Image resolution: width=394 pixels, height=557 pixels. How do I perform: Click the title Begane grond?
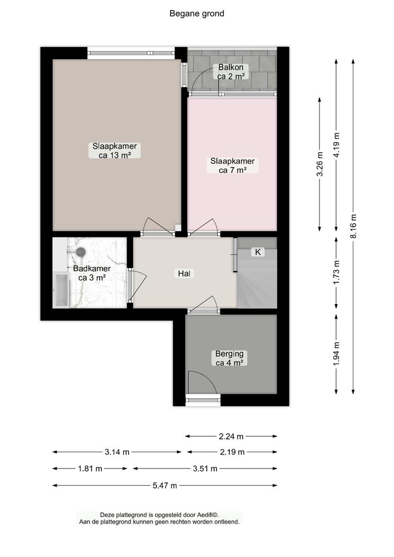(x=196, y=13)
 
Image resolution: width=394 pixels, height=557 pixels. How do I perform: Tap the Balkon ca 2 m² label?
(x=231, y=71)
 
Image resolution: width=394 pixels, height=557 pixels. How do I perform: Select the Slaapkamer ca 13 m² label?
(x=114, y=150)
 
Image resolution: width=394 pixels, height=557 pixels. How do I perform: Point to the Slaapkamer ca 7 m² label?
(x=233, y=165)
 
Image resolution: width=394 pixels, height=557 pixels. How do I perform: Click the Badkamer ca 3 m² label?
(x=92, y=273)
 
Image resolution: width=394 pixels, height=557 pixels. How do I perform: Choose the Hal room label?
(x=184, y=273)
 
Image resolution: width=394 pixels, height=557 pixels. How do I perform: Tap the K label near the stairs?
(x=258, y=252)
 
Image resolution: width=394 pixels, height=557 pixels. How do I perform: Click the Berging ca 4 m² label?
(x=229, y=358)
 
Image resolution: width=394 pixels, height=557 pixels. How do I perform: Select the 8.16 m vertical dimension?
(x=353, y=227)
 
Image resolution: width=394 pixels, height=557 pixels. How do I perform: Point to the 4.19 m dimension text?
(x=337, y=145)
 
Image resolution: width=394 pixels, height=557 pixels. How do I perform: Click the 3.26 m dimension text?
(x=320, y=164)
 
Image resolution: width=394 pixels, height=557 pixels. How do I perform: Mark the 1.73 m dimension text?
(x=337, y=272)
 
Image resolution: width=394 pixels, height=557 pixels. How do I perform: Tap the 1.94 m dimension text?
(x=337, y=353)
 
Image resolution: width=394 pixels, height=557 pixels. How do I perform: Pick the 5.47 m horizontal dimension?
(x=165, y=485)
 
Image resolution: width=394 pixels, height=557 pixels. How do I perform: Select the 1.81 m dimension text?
(x=90, y=468)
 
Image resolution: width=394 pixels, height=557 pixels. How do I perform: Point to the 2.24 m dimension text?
(x=231, y=436)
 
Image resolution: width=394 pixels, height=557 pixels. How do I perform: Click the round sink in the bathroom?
(x=81, y=252)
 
